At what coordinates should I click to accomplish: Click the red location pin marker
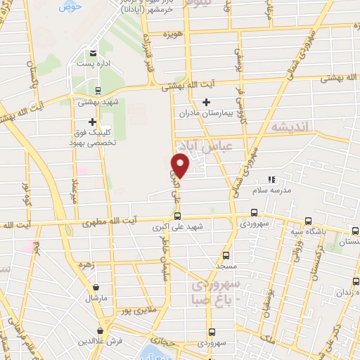[x=181, y=166]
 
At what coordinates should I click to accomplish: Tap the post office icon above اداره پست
[x=92, y=53]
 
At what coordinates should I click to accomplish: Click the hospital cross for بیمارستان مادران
[x=205, y=103]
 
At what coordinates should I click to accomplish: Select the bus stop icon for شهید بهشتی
[x=98, y=90]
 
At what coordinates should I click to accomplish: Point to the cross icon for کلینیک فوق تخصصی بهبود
[x=92, y=121]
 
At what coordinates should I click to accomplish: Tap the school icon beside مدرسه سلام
[x=273, y=180]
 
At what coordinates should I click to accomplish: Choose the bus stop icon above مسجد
[x=226, y=255]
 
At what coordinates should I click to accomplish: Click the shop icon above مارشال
[x=96, y=287]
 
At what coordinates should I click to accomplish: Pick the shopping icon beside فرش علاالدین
[x=101, y=330]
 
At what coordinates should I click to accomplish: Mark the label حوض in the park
[x=70, y=6]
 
